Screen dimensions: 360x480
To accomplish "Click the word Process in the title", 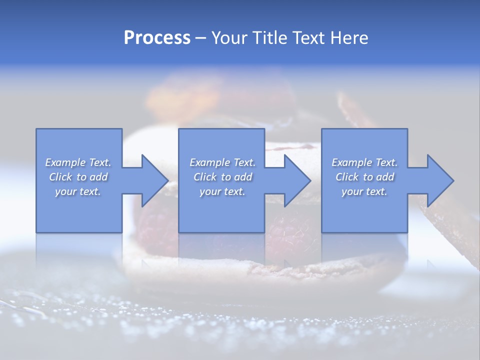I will pos(157,38).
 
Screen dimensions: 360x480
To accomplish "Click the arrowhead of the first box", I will pos(155,180).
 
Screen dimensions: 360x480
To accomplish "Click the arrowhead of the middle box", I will pos(298,180).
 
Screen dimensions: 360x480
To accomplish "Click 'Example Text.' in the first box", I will pos(78,162).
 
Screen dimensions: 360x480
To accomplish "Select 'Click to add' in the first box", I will pos(78,177).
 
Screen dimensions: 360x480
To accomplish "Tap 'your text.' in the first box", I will pos(78,191).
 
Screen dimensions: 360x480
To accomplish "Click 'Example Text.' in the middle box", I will pos(222,162).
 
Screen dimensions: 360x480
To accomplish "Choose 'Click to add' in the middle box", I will pos(222,177).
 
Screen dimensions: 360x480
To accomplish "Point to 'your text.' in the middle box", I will pos(222,191).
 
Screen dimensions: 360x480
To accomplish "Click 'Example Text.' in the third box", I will pos(364,162).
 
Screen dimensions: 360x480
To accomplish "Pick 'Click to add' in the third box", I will pos(364,177).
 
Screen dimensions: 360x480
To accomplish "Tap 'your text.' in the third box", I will pos(364,191).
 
